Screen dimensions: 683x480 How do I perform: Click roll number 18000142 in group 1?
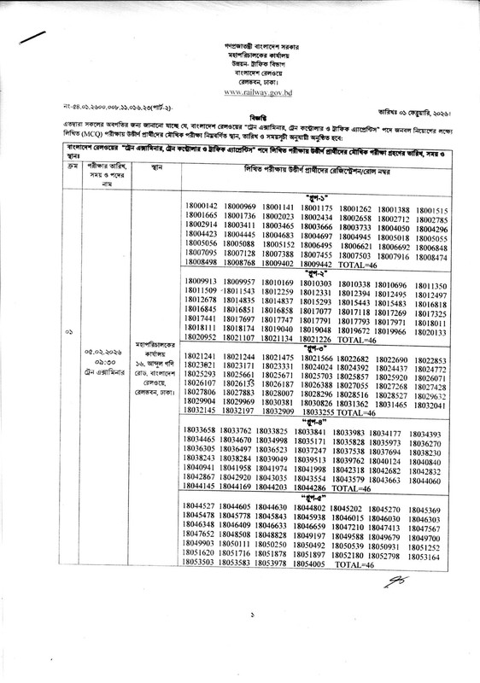[203, 208]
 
